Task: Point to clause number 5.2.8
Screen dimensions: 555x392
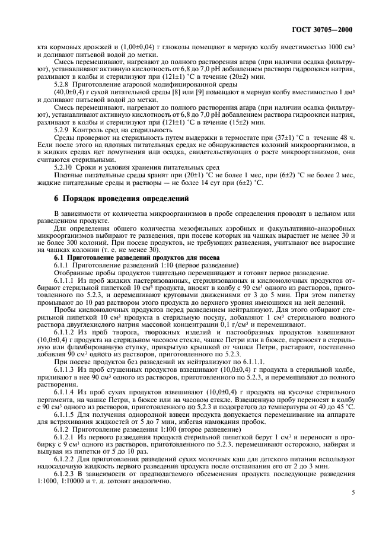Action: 64,84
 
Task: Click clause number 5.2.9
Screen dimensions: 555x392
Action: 64,129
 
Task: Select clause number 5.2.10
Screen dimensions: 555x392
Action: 66,167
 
